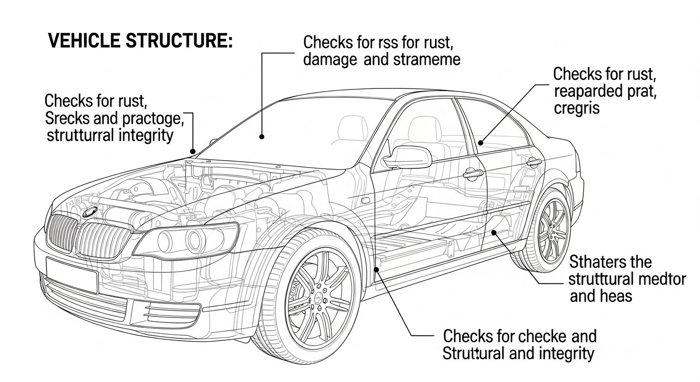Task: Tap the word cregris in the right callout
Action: click(x=576, y=107)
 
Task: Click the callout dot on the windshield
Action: click(x=262, y=135)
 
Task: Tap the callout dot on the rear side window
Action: click(x=481, y=143)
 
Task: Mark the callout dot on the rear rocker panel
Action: click(x=494, y=232)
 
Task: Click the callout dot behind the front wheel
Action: click(x=376, y=269)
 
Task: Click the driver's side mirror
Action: click(x=409, y=157)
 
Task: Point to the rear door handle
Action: click(x=533, y=161)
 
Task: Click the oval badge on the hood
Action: click(x=90, y=211)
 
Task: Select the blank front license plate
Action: click(x=71, y=275)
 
